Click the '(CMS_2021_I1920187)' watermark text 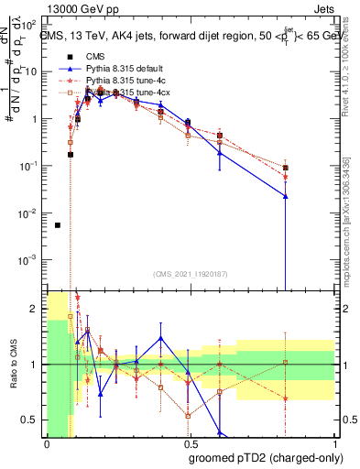tap(191, 274)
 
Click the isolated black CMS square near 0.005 tap(58, 225)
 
